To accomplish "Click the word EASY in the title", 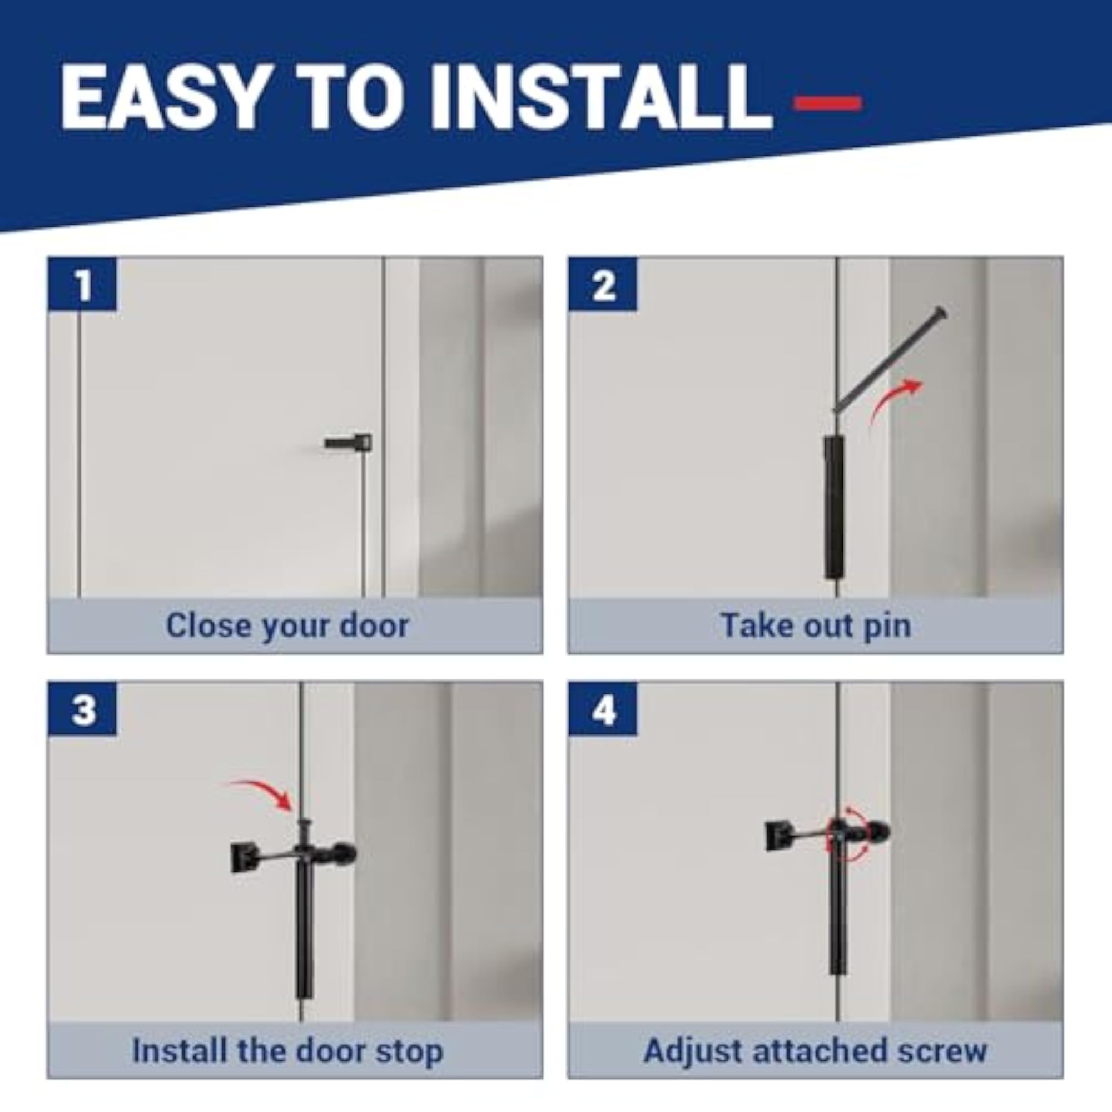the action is pyautogui.click(x=162, y=98).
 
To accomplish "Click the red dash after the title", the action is pyautogui.click(x=827, y=103).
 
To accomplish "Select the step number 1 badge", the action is pyautogui.click(x=83, y=284).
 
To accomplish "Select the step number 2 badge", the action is pyautogui.click(x=603, y=284).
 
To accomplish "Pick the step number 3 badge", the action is pyautogui.click(x=83, y=709).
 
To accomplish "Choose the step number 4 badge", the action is pyautogui.click(x=603, y=709).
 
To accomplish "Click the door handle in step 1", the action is pyautogui.click(x=348, y=443).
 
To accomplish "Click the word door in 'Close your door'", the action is pyautogui.click(x=374, y=625).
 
